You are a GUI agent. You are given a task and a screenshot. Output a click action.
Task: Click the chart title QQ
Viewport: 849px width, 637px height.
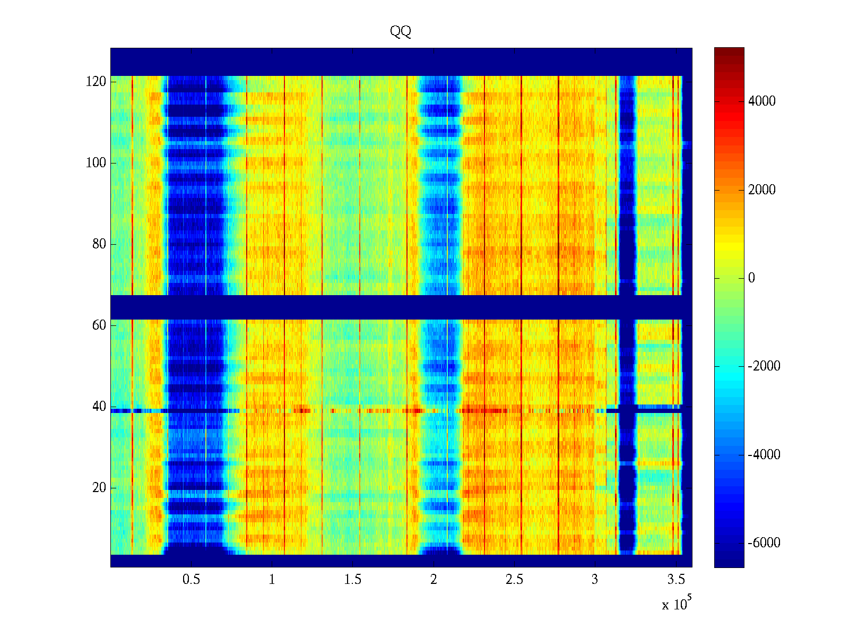click(401, 32)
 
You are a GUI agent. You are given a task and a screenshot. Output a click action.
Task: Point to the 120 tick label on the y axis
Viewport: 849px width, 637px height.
click(96, 82)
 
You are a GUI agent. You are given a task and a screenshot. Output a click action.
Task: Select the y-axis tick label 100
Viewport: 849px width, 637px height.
click(96, 163)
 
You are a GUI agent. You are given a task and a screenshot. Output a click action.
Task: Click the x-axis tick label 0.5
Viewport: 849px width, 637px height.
click(191, 580)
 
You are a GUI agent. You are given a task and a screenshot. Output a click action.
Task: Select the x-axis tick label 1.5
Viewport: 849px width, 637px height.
click(352, 580)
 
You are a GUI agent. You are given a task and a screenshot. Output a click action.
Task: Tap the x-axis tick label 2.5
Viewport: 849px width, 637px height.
click(514, 580)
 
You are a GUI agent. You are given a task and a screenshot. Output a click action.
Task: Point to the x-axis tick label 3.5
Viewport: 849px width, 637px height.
click(675, 580)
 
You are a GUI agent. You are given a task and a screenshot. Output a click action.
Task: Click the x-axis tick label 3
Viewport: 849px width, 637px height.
click(595, 580)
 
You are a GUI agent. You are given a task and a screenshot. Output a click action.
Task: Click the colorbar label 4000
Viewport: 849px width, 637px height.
click(761, 101)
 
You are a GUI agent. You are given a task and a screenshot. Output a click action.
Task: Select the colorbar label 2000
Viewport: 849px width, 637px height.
click(761, 190)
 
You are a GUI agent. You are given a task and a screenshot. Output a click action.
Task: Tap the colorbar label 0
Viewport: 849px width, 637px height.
click(751, 278)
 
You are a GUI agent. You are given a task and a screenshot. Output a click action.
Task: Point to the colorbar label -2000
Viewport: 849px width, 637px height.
click(764, 366)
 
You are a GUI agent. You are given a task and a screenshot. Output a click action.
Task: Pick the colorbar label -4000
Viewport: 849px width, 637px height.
click(764, 454)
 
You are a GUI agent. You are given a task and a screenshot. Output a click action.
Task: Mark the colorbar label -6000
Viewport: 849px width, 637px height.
click(764, 543)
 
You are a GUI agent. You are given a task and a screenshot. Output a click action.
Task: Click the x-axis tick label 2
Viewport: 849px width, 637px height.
click(434, 580)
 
